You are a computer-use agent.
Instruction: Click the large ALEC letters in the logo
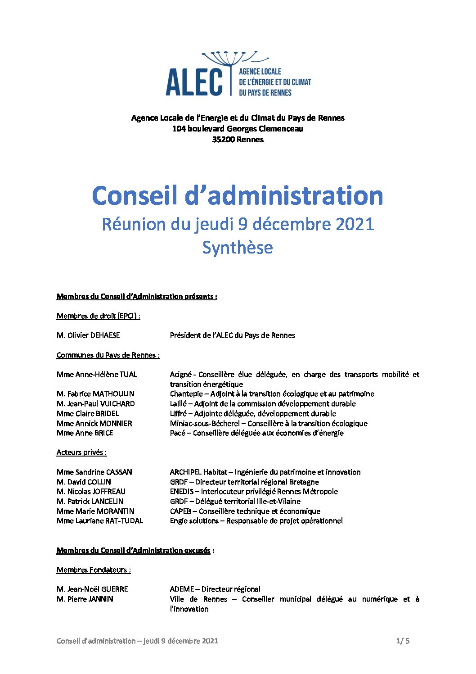194,82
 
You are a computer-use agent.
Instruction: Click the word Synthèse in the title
238,248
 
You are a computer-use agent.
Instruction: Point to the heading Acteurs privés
81,452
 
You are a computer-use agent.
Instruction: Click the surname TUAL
128,375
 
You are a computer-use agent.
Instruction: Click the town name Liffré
178,414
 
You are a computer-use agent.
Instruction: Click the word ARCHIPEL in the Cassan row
185,472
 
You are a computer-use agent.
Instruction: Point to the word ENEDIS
182,492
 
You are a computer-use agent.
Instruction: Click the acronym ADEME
182,589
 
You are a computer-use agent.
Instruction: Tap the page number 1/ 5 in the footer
403,641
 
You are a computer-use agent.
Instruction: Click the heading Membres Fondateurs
93,570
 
